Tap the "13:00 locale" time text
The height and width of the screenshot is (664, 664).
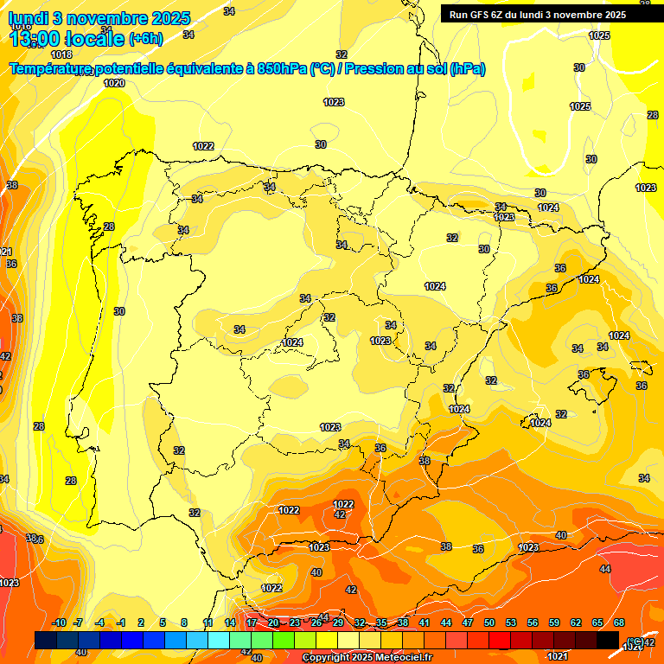67,38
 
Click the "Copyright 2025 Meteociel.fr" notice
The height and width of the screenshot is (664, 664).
367,658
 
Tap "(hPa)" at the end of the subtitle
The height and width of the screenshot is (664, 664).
468,69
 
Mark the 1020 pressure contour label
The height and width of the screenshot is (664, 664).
114,83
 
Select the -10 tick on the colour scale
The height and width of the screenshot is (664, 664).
59,623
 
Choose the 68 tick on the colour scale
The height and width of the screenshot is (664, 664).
619,623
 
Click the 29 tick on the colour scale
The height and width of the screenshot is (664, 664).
337,623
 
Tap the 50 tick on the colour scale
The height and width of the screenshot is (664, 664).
489,623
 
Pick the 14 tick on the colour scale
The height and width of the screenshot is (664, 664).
230,623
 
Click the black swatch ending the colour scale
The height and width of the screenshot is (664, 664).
607,640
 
